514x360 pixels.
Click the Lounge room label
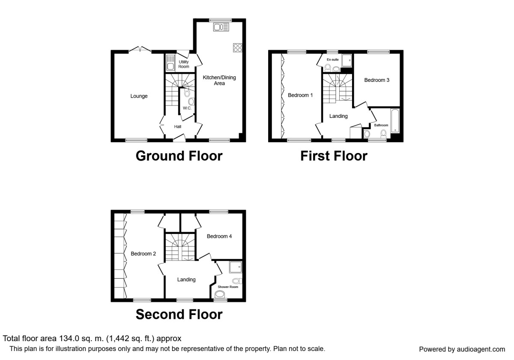click(139, 96)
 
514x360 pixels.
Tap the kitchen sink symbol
click(221, 27)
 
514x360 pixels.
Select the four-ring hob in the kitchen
click(237, 48)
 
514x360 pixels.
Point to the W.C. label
click(187, 108)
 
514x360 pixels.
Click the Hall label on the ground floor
click(178, 126)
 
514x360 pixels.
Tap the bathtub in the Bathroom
click(394, 121)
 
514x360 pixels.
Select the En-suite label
click(332, 60)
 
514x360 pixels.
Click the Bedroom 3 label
click(377, 80)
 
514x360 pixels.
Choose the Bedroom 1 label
click(300, 95)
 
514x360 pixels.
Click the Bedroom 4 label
click(219, 236)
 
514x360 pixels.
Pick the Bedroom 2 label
click(143, 254)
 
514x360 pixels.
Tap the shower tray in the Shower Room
click(235, 267)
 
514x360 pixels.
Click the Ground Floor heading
click(179, 156)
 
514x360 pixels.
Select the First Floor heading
click(333, 156)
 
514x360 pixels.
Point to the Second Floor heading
click(179, 315)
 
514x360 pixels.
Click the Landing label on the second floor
click(186, 279)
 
